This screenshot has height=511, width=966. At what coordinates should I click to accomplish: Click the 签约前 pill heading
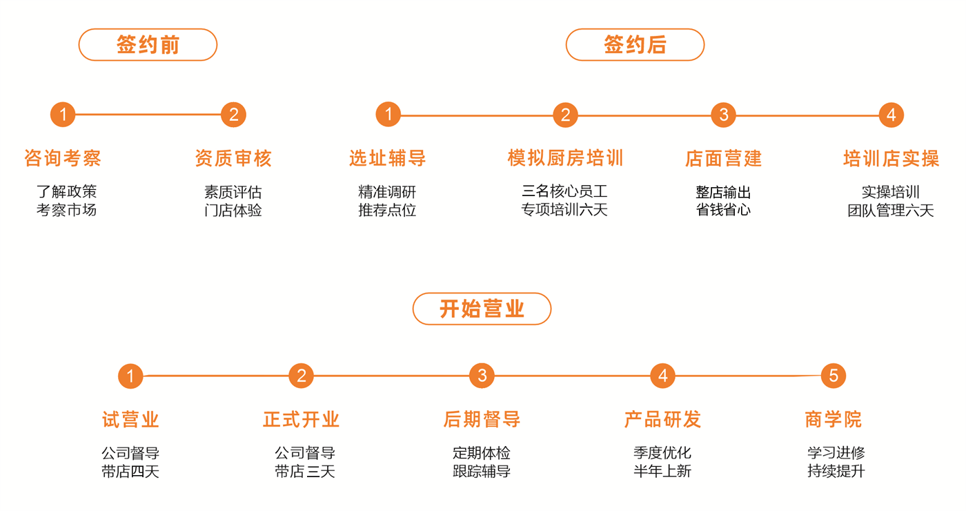148,45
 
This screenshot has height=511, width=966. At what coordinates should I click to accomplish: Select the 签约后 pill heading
635,45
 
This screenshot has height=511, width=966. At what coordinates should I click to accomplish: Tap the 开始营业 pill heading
482,309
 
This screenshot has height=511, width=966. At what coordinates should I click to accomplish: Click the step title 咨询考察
63,158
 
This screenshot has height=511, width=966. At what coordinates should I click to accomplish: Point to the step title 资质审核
233,158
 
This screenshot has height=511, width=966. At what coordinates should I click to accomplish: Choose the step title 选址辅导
387,158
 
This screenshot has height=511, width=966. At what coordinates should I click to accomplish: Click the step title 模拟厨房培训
565,158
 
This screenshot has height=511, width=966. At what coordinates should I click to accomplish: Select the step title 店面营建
723,158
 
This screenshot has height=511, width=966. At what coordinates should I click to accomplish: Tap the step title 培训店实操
891,158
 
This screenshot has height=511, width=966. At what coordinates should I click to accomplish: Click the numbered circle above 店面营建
723,115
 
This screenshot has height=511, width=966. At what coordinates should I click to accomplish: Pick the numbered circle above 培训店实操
891,115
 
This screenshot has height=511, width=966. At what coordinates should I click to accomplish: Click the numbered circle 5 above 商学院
834,376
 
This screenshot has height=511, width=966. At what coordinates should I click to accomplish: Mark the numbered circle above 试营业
130,376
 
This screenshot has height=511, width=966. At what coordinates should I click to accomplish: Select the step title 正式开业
302,419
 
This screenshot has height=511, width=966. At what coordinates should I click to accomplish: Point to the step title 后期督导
482,419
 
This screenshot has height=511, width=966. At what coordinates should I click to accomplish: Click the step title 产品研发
662,419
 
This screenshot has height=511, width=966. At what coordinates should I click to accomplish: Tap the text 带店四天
130,472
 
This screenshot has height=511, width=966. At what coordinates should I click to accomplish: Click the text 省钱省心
723,210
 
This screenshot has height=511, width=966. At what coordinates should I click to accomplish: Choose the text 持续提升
836,472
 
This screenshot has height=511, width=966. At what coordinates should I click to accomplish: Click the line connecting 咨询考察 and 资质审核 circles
148,115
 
